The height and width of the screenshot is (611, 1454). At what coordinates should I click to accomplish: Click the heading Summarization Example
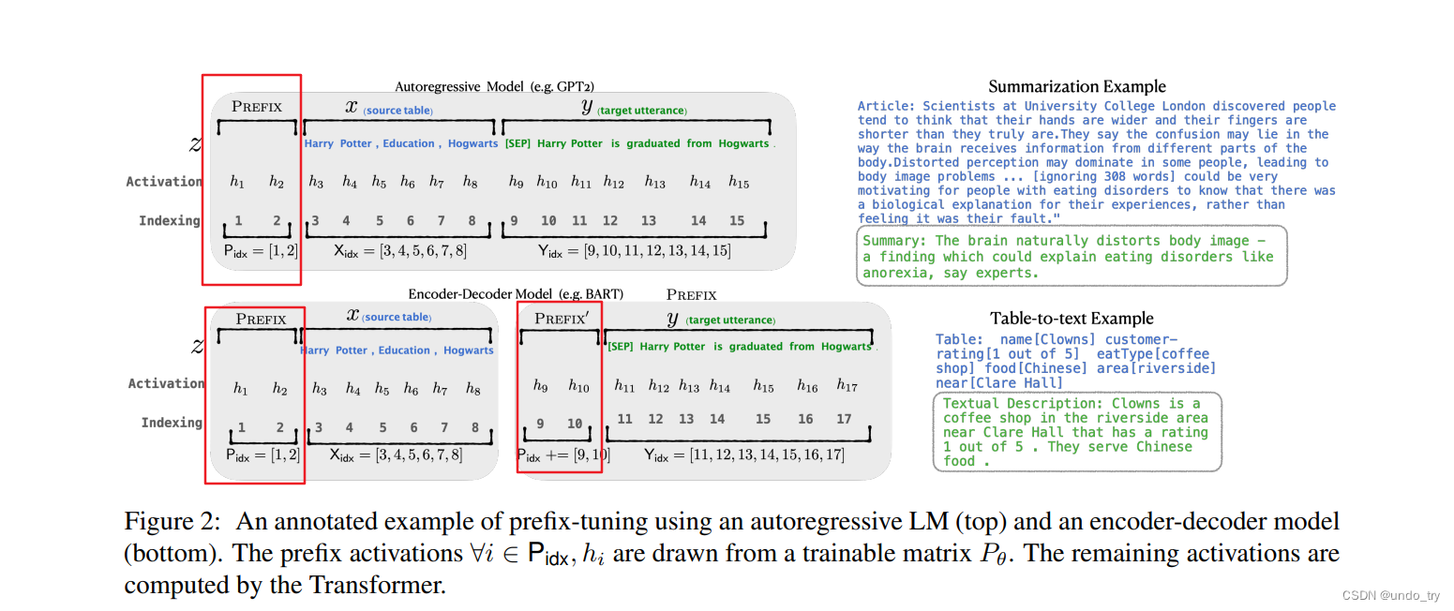pos(1077,87)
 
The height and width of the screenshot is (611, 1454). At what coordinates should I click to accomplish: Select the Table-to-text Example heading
pos(1072,319)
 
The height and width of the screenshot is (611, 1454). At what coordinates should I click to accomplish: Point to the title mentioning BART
pos(515,294)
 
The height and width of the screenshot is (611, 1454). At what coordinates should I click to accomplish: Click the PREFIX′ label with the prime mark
pos(561,319)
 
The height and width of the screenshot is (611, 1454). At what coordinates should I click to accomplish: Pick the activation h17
pos(847,386)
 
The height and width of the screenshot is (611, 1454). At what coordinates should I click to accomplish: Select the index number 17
pos(844,419)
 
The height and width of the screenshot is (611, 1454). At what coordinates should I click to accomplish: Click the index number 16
pos(805,419)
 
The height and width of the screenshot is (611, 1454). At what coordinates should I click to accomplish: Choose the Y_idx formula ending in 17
pos(744,455)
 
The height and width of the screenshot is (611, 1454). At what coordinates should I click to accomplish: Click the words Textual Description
pos(1021,404)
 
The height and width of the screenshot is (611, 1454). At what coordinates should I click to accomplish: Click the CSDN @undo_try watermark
pos(1392,596)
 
